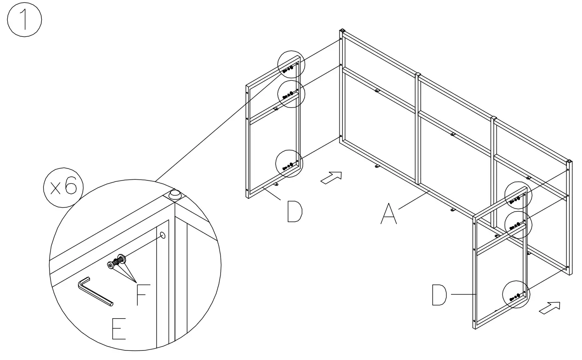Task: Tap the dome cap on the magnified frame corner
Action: pos(174,194)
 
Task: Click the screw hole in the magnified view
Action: pos(163,235)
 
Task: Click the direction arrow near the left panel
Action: pos(331,178)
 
